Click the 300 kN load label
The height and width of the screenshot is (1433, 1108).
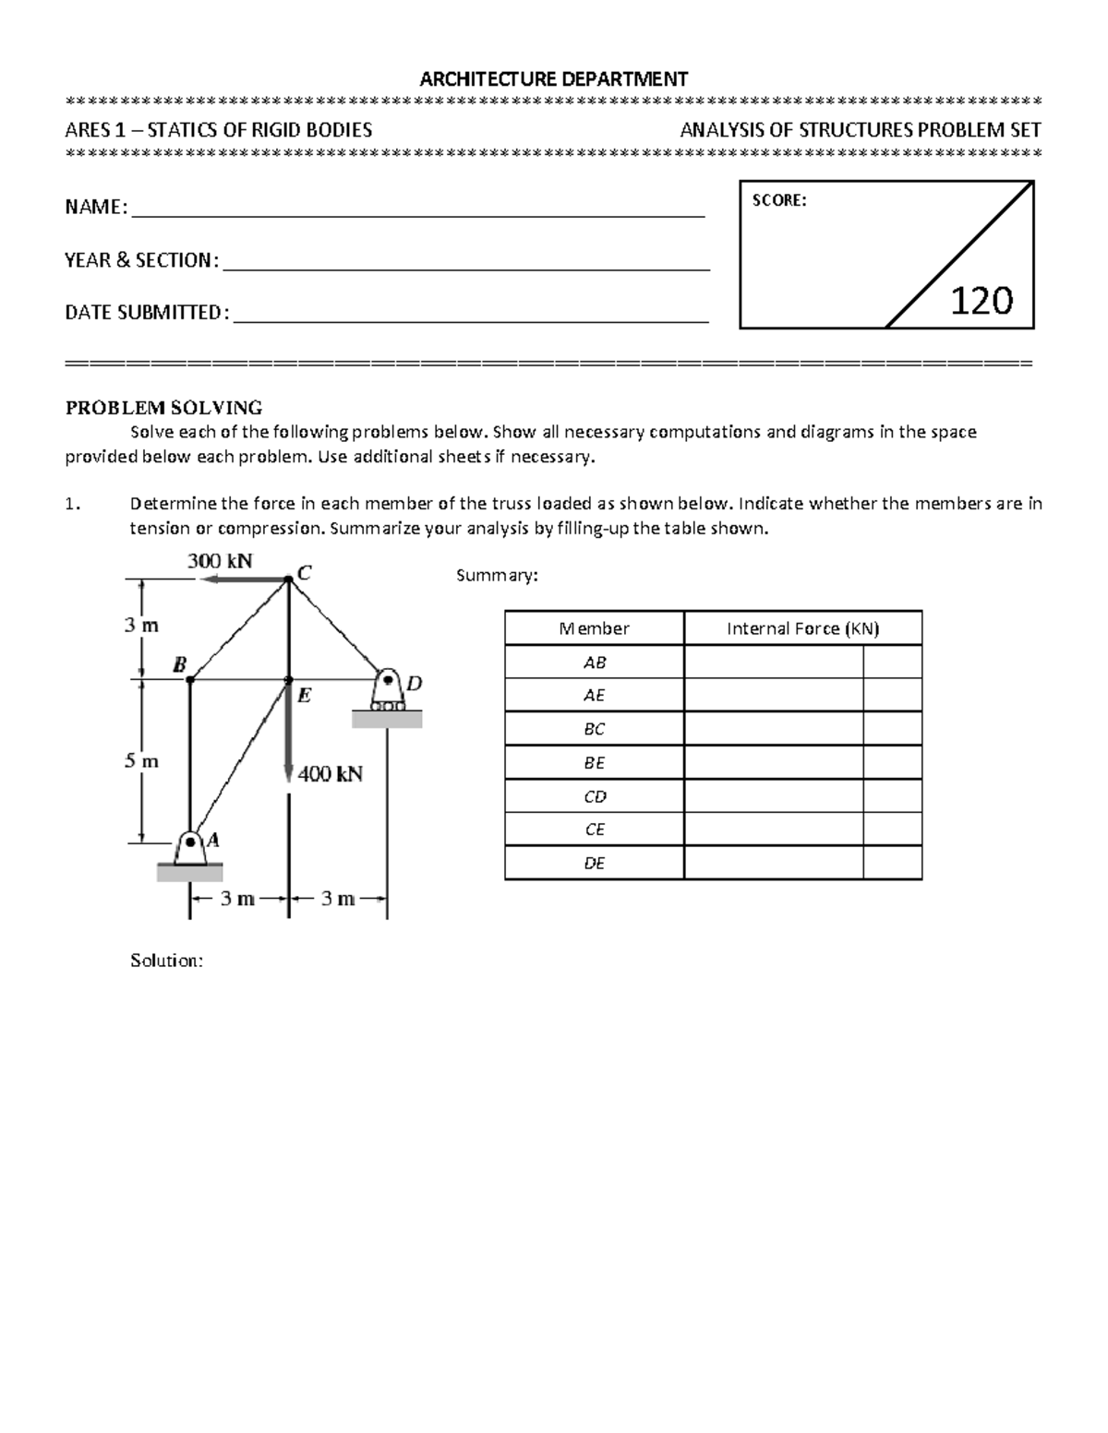point(220,561)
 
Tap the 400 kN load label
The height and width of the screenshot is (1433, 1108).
point(330,774)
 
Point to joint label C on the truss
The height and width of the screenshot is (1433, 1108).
point(305,573)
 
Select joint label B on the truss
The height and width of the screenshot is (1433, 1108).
point(179,664)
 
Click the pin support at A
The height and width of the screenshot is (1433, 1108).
point(190,848)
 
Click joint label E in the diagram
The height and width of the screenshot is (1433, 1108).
point(304,697)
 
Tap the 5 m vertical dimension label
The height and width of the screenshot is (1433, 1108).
point(141,761)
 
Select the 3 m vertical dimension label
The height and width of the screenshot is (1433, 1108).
point(141,626)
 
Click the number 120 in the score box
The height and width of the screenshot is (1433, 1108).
point(982,301)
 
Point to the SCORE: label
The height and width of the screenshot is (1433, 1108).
point(779,200)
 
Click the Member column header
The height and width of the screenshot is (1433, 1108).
point(594,628)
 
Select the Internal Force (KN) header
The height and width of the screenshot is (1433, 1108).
point(802,628)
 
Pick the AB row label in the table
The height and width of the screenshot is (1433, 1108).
point(595,663)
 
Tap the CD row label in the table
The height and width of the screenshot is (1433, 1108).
point(595,796)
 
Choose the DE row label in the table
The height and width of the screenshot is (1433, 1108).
point(595,863)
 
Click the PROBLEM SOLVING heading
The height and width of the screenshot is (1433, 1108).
point(163,407)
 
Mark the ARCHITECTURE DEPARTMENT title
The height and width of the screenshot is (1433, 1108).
point(553,78)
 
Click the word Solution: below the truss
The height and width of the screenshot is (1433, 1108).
point(166,961)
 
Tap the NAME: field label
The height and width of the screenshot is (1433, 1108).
point(96,208)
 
